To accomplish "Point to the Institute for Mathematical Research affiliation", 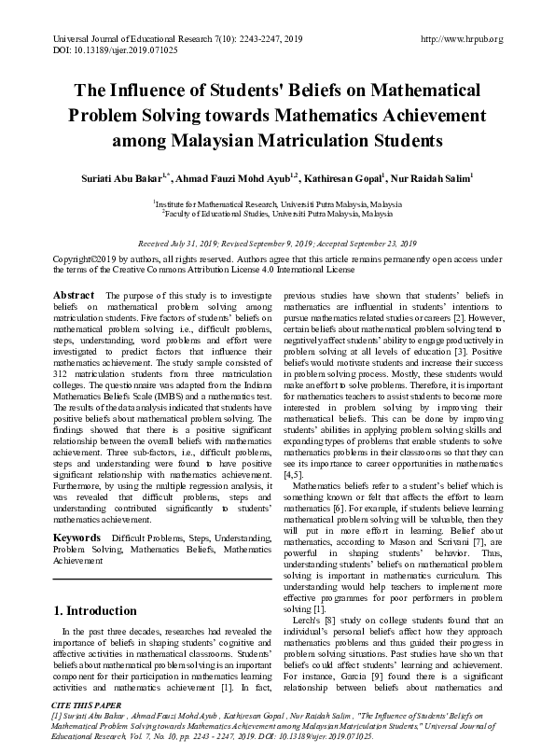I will [x=279, y=202].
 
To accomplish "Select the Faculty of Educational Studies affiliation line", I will [x=279, y=213].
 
